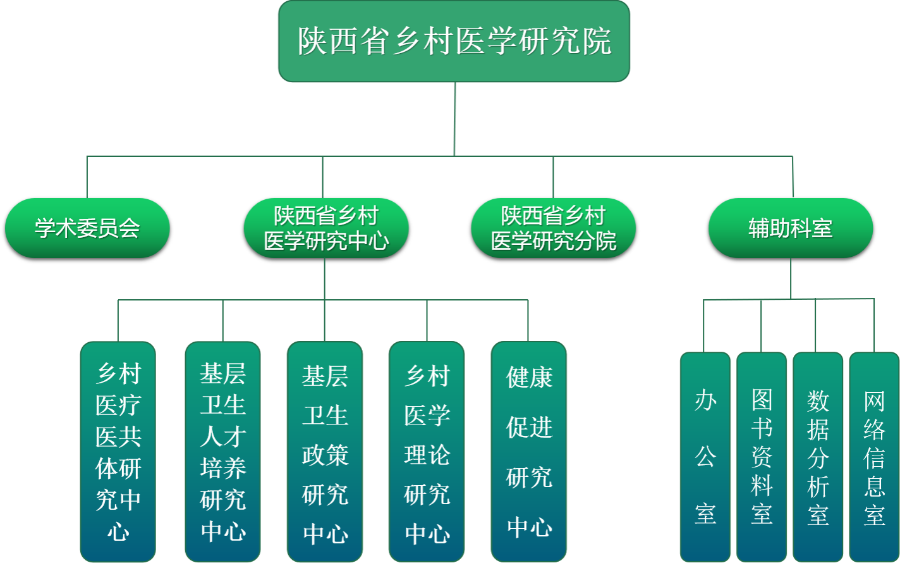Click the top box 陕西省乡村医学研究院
pos(454,41)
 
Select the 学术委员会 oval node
pos(87,228)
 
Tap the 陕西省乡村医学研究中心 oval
pos(326,228)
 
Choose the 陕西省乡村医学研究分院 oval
pos(553,228)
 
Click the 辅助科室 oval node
pos(790,228)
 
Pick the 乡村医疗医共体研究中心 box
pos(118,452)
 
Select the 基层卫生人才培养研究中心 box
pos(222,452)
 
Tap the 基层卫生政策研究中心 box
pos(325,452)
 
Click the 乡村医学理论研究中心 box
pos(427,452)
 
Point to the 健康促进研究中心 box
pos(529,452)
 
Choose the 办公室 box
pos(705,457)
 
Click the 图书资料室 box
pos(762,457)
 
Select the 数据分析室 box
pos(818,457)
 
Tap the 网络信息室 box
pos(874,457)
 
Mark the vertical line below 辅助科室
pos(791,278)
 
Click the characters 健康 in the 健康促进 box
pos(529,378)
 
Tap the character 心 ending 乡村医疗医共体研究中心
pos(118,532)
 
